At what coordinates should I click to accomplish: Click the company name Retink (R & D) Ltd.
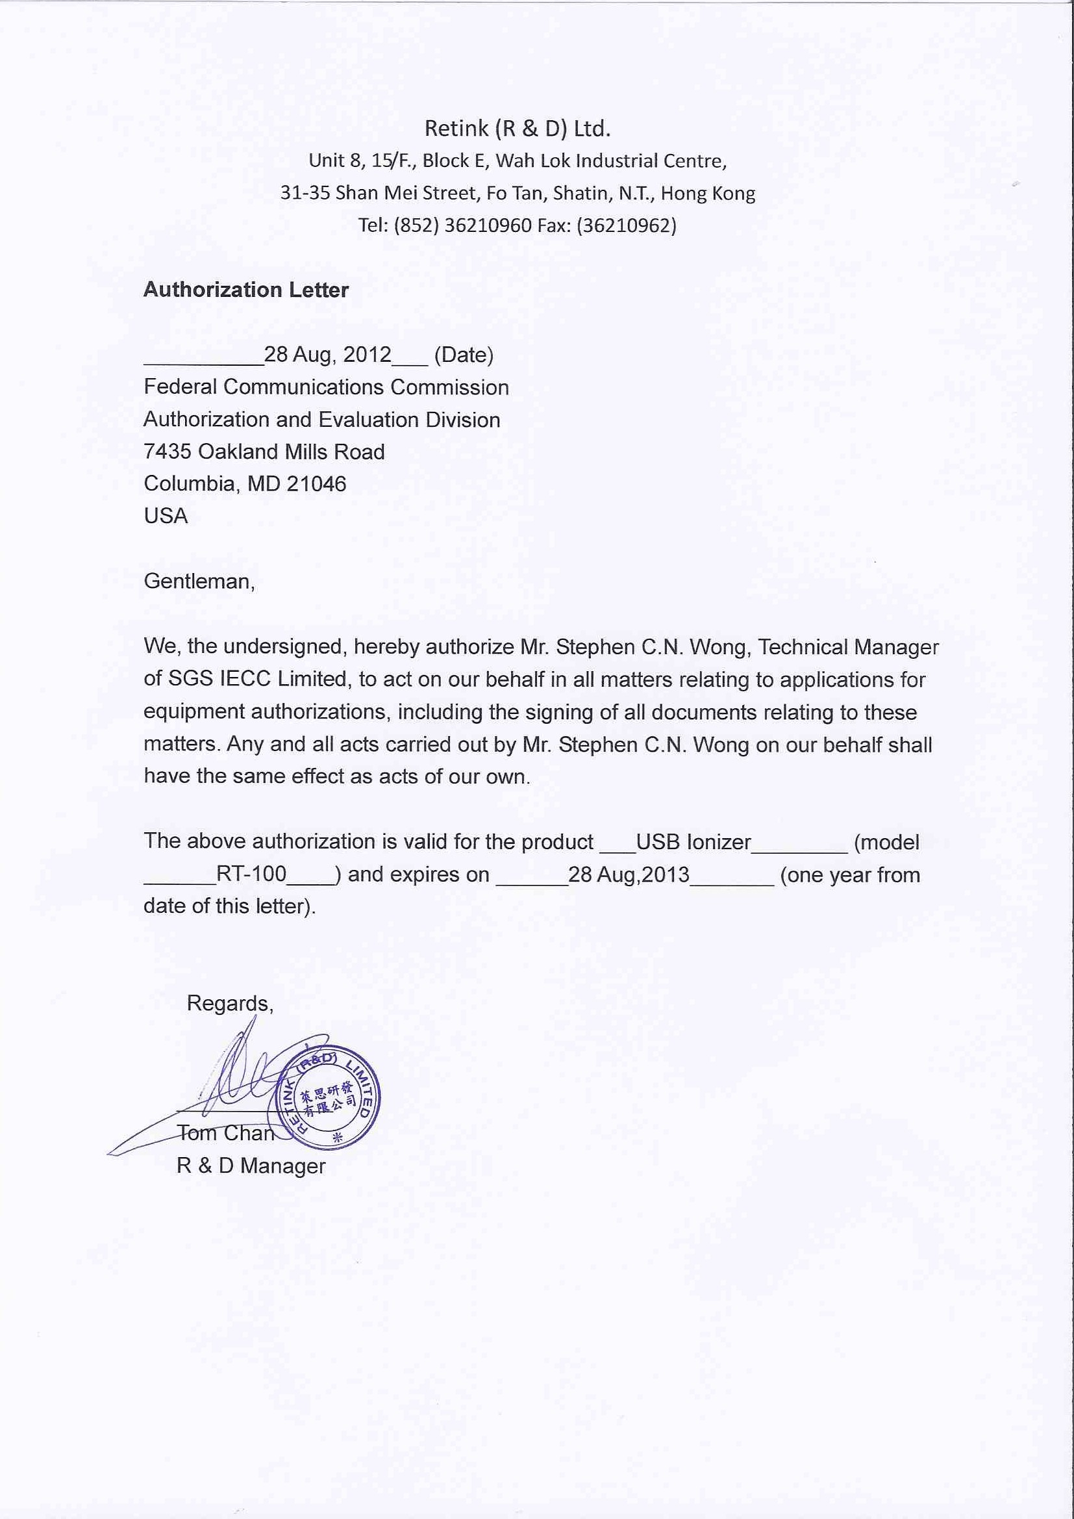pyautogui.click(x=517, y=129)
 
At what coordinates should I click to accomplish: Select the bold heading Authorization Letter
pyautogui.click(x=246, y=290)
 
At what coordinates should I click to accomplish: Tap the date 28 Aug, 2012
pyautogui.click(x=327, y=355)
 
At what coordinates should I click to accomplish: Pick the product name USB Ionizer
pyautogui.click(x=693, y=841)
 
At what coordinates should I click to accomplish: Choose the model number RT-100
pyautogui.click(x=251, y=874)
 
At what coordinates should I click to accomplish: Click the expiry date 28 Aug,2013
pyautogui.click(x=629, y=874)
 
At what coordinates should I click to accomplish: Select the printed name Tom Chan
pyautogui.click(x=225, y=1132)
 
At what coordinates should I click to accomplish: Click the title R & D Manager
pyautogui.click(x=251, y=1165)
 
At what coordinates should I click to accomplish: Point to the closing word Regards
pyautogui.click(x=229, y=1003)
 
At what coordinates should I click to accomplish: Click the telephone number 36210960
pyautogui.click(x=488, y=225)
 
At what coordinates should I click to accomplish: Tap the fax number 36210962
pyautogui.click(x=626, y=225)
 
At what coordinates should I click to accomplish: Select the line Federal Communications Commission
pyautogui.click(x=326, y=387)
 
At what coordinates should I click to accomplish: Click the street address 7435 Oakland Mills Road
pyautogui.click(x=264, y=451)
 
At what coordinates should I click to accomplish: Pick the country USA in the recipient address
pyautogui.click(x=166, y=515)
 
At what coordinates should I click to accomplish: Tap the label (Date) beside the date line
pyautogui.click(x=464, y=355)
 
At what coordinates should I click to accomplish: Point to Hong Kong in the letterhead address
pyautogui.click(x=708, y=193)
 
